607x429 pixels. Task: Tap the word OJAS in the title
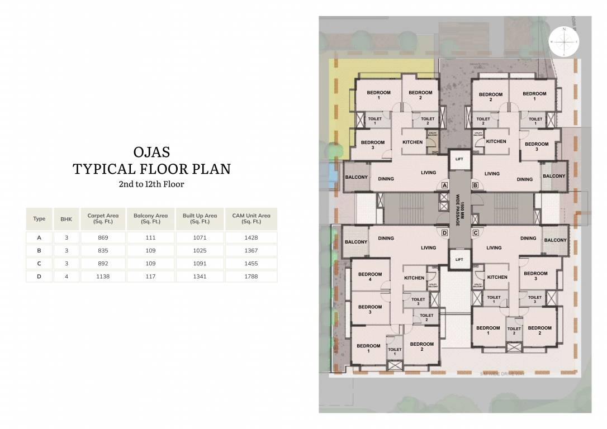click(x=151, y=152)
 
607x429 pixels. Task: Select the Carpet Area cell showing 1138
click(x=103, y=276)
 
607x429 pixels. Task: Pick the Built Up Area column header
click(x=200, y=218)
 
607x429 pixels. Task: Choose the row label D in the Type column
click(x=39, y=276)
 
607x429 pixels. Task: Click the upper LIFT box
click(x=459, y=159)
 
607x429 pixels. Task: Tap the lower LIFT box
click(x=459, y=259)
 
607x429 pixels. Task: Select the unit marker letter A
click(x=445, y=185)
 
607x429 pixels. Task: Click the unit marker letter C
click(x=475, y=232)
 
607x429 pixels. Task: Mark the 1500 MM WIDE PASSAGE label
click(x=459, y=209)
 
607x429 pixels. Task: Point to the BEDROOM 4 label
click(x=370, y=277)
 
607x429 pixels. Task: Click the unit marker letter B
click(x=475, y=185)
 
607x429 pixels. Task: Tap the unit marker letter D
click(x=445, y=232)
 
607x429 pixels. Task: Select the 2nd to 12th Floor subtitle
click(x=151, y=183)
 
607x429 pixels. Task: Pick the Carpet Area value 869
click(x=103, y=237)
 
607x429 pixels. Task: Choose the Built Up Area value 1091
click(x=200, y=263)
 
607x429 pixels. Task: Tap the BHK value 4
click(x=67, y=276)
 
